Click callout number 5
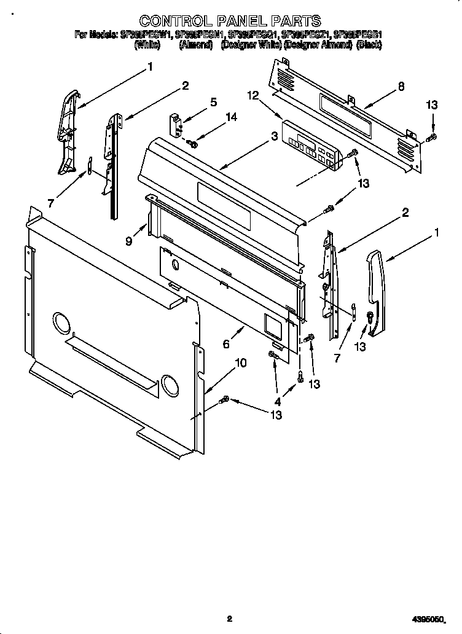213,103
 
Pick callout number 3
273,137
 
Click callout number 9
129,241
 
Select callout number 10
240,363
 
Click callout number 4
278,402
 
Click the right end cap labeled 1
375,294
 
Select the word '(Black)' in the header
369,45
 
